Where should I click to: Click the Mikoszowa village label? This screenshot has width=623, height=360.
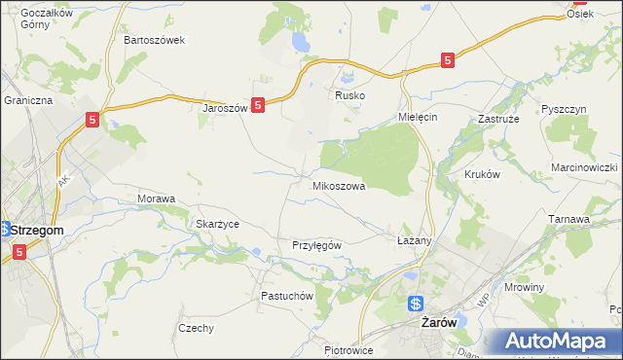tap(339, 185)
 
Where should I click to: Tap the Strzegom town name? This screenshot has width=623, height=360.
tap(37, 230)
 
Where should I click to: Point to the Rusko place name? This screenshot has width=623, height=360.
tap(349, 96)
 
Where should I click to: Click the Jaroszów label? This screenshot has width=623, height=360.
tap(225, 108)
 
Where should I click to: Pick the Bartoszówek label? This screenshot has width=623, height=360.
tap(154, 41)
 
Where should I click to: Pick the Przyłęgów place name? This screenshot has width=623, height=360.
tap(316, 245)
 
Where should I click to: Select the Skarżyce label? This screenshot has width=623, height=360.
tap(218, 224)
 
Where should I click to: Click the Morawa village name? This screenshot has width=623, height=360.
tap(156, 198)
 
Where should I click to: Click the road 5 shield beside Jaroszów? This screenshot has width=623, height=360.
tap(258, 104)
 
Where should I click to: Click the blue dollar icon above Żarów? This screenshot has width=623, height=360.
tap(416, 303)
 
